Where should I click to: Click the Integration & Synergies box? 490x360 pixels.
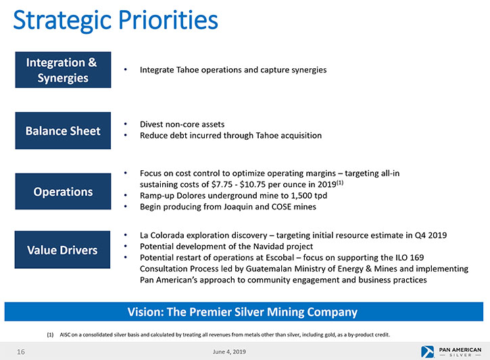(x=63, y=70)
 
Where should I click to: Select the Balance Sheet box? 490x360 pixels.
(x=63, y=130)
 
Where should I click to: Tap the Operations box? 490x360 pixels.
(x=63, y=191)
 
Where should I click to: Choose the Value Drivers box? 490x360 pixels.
(x=62, y=250)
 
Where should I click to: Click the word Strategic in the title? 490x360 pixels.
(x=63, y=21)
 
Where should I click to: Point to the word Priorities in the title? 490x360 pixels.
(x=168, y=20)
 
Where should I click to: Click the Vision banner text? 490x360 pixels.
(x=243, y=312)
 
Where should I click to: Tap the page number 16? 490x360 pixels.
(x=21, y=352)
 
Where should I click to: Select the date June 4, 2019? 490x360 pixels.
(x=229, y=352)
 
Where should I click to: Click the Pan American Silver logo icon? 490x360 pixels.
(x=428, y=352)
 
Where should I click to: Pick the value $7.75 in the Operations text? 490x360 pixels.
(x=222, y=184)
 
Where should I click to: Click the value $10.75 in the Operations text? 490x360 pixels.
(x=253, y=184)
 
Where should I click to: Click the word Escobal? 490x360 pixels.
(x=280, y=257)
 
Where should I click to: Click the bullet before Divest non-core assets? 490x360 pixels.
(x=126, y=124)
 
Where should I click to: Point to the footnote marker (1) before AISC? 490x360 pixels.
(x=50, y=335)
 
